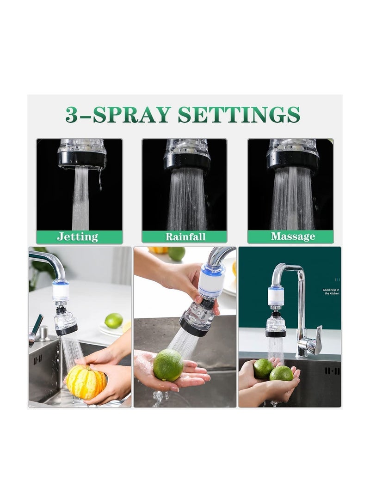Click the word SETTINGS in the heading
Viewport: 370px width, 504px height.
click(x=239, y=115)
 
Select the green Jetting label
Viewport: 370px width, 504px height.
click(x=78, y=237)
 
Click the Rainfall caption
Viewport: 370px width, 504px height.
click(x=185, y=237)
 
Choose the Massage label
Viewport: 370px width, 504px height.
click(x=293, y=237)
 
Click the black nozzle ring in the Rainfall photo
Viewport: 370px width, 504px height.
click(x=187, y=161)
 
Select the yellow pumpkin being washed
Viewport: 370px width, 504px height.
click(x=86, y=381)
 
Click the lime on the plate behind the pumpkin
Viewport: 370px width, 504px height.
click(x=113, y=320)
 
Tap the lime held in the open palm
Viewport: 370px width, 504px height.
click(x=168, y=365)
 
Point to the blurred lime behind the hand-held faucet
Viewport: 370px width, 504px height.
click(x=176, y=254)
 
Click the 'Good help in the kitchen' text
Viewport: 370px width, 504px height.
click(x=331, y=291)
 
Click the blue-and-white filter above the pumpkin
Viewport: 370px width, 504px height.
click(x=61, y=291)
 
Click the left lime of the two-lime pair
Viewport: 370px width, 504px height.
click(x=263, y=368)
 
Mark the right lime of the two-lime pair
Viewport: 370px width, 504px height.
click(x=281, y=373)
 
